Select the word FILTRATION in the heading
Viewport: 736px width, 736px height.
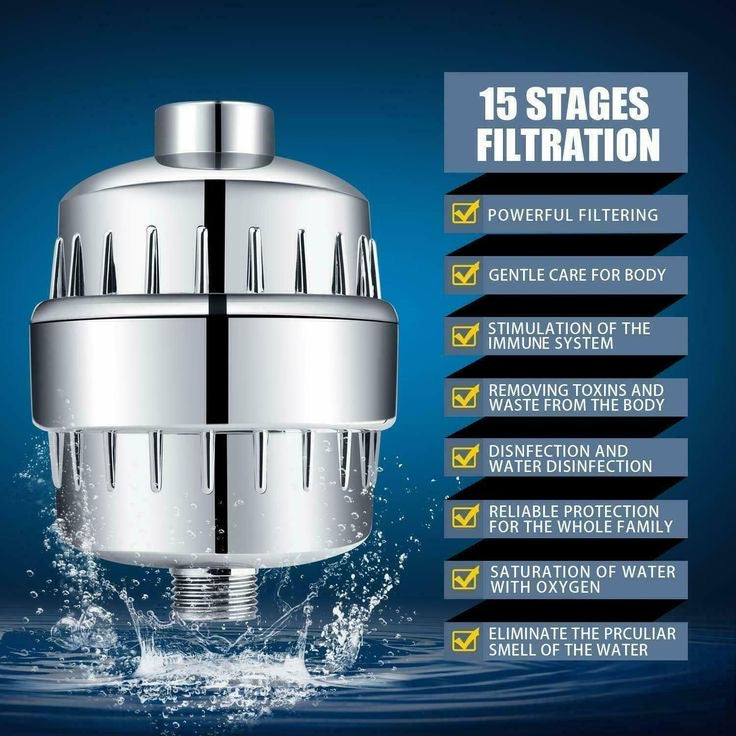(x=567, y=144)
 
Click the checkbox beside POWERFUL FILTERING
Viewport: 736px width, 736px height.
(x=465, y=213)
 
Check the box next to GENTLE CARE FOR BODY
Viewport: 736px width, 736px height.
(x=465, y=274)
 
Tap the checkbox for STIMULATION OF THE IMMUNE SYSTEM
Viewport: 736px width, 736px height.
(x=465, y=335)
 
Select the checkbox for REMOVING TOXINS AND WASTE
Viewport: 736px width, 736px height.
(x=465, y=396)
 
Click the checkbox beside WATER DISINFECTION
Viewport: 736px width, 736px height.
(x=465, y=457)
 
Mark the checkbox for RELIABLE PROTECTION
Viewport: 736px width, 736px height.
(x=465, y=518)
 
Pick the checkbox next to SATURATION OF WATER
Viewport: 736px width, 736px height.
(x=465, y=579)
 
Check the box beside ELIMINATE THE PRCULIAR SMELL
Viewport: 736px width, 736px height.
(x=465, y=640)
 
